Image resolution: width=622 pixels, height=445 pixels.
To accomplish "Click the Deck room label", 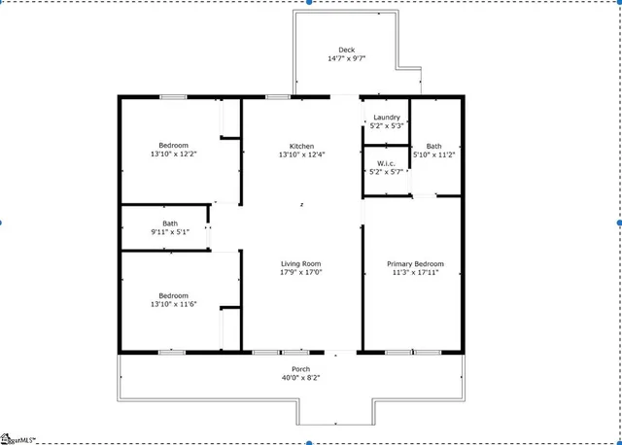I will (347, 50).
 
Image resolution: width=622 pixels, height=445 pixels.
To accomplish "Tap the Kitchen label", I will (301, 146).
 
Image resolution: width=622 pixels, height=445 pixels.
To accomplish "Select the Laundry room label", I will (387, 118).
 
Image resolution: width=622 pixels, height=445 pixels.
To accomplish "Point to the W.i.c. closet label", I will (386, 162).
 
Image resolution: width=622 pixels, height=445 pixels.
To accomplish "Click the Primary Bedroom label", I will (415, 264).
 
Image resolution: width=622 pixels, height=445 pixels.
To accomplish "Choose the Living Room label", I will (301, 264).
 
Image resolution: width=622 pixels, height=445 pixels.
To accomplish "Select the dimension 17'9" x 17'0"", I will (301, 273).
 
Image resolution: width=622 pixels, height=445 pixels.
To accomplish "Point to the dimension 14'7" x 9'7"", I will (347, 58).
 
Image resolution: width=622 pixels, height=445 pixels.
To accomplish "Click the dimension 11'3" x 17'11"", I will (415, 273).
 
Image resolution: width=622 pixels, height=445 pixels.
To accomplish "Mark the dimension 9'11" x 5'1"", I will (170, 232).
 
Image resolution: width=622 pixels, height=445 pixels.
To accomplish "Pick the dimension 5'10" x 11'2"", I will (433, 154).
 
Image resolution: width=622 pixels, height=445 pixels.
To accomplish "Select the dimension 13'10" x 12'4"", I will (301, 154).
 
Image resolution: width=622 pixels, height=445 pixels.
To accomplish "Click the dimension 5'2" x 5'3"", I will (387, 126).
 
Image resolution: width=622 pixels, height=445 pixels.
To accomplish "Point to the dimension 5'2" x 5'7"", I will (386, 171).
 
